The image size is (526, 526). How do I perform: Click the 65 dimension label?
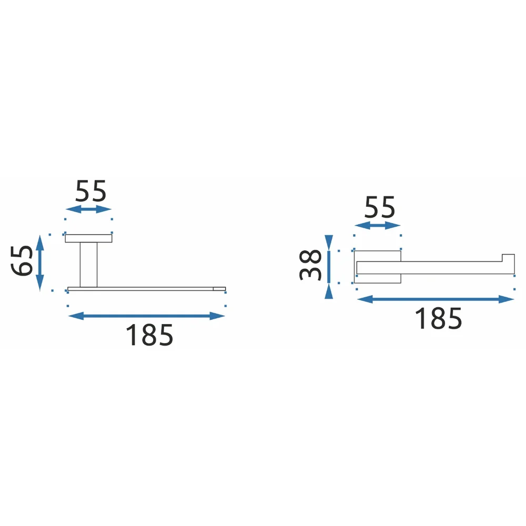[22, 261]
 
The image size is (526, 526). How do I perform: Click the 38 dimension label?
[310, 265]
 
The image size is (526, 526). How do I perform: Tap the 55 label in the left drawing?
[90, 191]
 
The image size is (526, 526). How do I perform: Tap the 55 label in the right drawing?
[380, 207]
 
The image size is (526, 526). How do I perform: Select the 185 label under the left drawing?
[149, 335]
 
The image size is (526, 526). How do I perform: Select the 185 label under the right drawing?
[439, 318]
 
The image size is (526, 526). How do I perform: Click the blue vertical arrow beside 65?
[40, 263]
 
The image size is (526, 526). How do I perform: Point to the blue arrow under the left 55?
[88, 209]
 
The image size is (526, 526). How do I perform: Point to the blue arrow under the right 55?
[377, 226]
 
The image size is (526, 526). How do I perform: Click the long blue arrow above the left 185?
[147, 316]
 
